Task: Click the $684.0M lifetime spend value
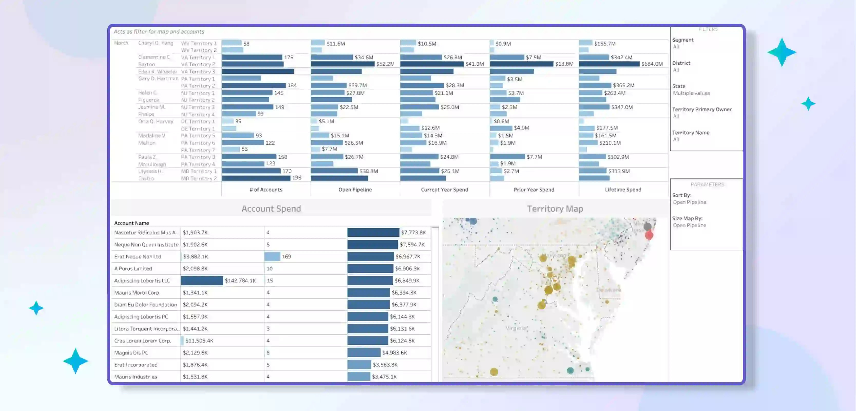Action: point(652,64)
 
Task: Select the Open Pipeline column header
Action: point(355,190)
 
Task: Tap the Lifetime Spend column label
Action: point(623,190)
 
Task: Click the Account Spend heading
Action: point(271,209)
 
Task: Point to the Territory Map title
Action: point(555,209)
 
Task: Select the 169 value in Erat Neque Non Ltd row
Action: point(286,256)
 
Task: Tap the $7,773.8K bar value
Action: point(413,232)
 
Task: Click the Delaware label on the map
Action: point(608,290)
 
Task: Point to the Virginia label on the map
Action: point(516,328)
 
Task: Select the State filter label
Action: point(679,86)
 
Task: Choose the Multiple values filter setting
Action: point(691,93)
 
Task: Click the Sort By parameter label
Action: point(682,195)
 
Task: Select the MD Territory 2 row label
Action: point(199,179)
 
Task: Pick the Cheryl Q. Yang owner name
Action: point(156,43)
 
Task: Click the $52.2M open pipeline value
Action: point(385,64)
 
